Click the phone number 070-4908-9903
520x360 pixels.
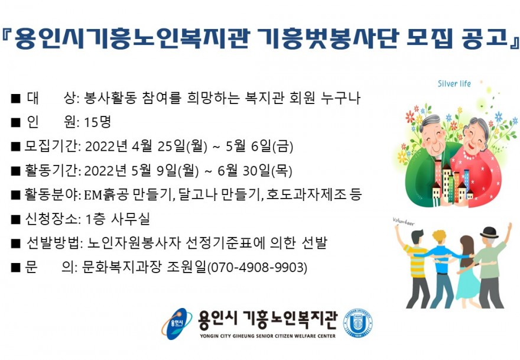pyautogui.click(x=257, y=267)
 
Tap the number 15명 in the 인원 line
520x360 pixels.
pyautogui.click(x=97, y=122)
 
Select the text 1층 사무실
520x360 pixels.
pyautogui.click(x=118, y=219)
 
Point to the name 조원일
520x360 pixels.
pyautogui.click(x=186, y=267)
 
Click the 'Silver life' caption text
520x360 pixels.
pyautogui.click(x=454, y=83)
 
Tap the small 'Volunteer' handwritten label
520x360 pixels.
pyautogui.click(x=403, y=221)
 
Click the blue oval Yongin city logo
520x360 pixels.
pyautogui.click(x=177, y=324)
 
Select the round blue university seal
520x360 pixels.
pyautogui.click(x=357, y=323)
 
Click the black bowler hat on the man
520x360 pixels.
pyautogui.click(x=489, y=232)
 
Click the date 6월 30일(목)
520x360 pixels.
pyautogui.click(x=255, y=171)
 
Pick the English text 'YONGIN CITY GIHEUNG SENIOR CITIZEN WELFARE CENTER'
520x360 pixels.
pyautogui.click(x=268, y=336)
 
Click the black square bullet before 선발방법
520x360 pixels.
pyautogui.click(x=15, y=243)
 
